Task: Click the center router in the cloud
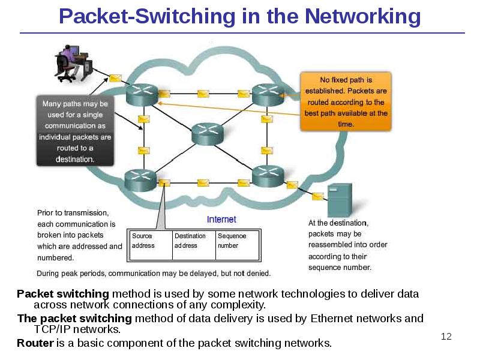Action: pyautogui.click(x=206, y=134)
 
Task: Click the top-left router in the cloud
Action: pyautogui.click(x=142, y=94)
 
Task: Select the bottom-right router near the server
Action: pyautogui.click(x=267, y=176)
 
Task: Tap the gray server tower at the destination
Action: pyautogui.click(x=339, y=200)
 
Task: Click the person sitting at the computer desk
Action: pyautogui.click(x=68, y=62)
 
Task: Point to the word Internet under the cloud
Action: pyautogui.click(x=221, y=220)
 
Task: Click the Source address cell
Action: pyautogui.click(x=150, y=241)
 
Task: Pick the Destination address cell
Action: pyautogui.click(x=193, y=241)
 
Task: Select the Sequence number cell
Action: pyautogui.click(x=237, y=241)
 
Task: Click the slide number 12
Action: pyautogui.click(x=446, y=336)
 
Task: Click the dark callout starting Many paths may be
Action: pyautogui.click(x=75, y=131)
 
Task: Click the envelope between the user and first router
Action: pyautogui.click(x=115, y=78)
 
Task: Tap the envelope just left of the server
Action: pyautogui.click(x=317, y=196)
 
